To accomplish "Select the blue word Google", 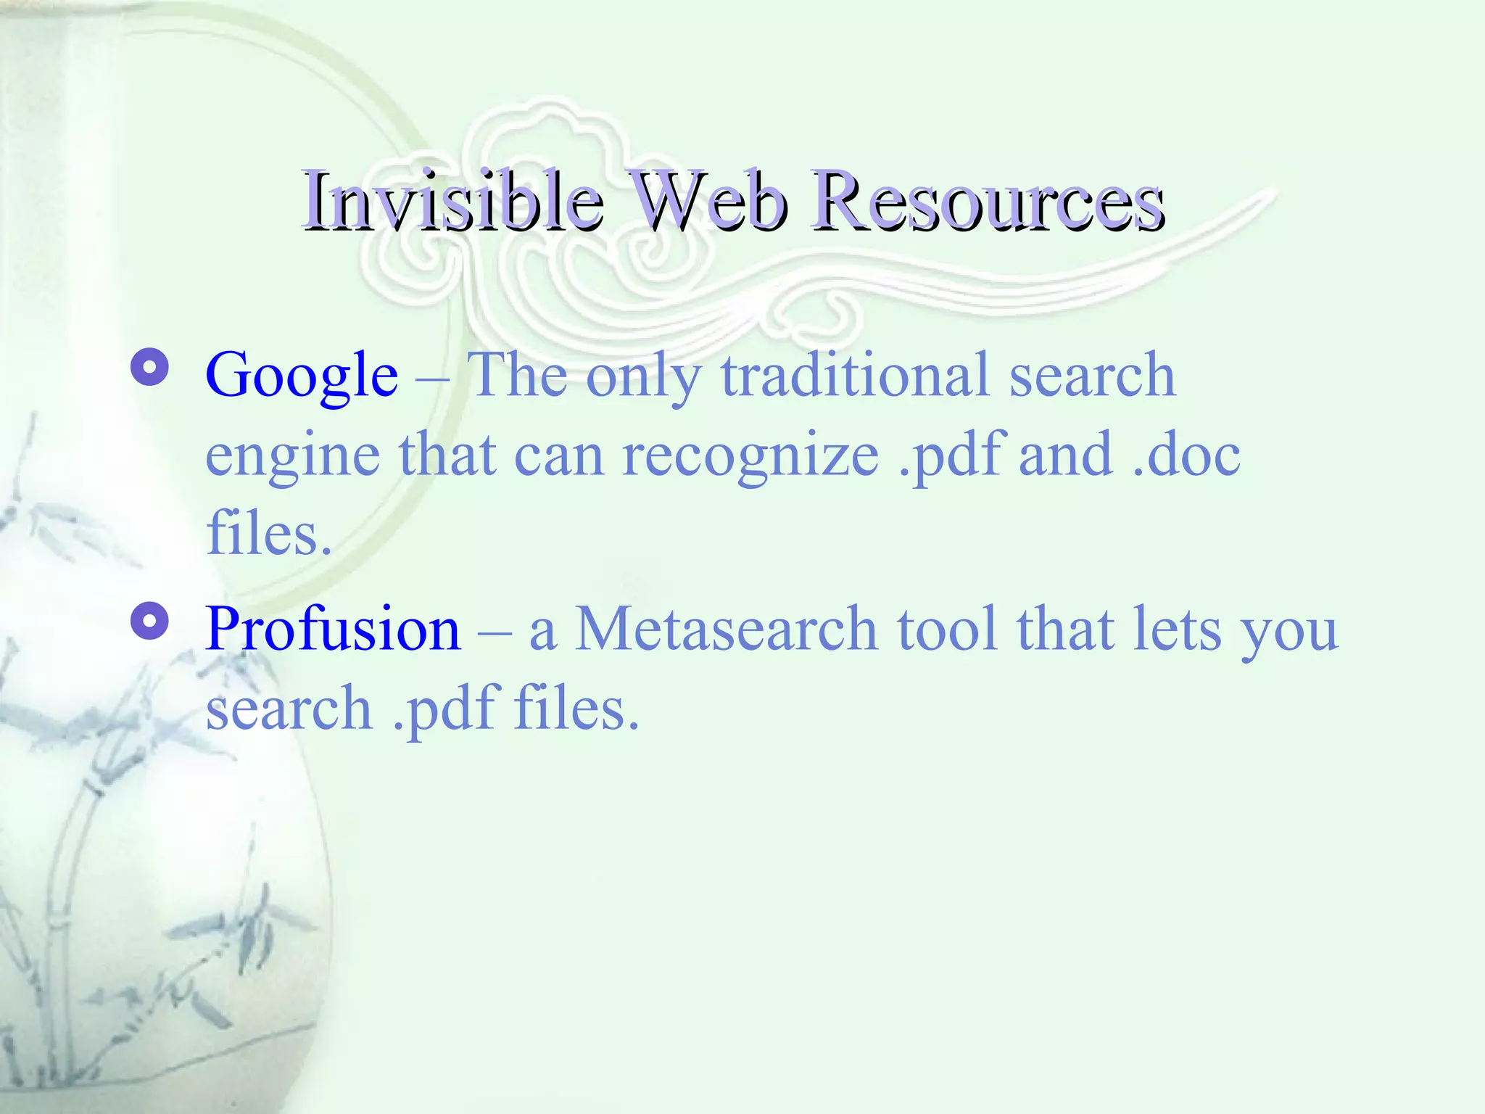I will coord(302,376).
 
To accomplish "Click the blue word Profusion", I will coord(333,628).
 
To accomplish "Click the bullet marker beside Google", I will coord(150,368).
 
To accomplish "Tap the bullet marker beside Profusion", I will coord(150,622).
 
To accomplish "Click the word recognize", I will coord(750,455).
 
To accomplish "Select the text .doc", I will coord(1186,455).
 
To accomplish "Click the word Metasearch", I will coord(726,628).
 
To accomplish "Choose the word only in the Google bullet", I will coord(644,376).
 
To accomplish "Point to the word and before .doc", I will coord(1065,455).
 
